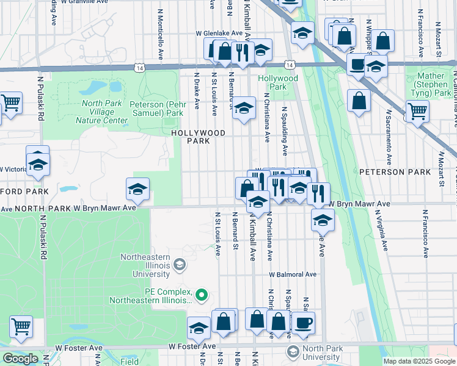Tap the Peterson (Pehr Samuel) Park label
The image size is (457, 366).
[156, 109]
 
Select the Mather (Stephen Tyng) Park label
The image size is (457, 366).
[432, 85]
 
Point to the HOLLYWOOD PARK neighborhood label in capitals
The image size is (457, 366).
[198, 137]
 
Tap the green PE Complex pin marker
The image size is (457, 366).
[203, 296]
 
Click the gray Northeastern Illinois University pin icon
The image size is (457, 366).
[179, 264]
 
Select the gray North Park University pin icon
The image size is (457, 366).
[293, 351]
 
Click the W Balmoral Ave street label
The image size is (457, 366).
[292, 274]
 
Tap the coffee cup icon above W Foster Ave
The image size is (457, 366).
[303, 323]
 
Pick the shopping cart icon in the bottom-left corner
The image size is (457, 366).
[21, 326]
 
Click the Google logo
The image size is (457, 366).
[20, 359]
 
